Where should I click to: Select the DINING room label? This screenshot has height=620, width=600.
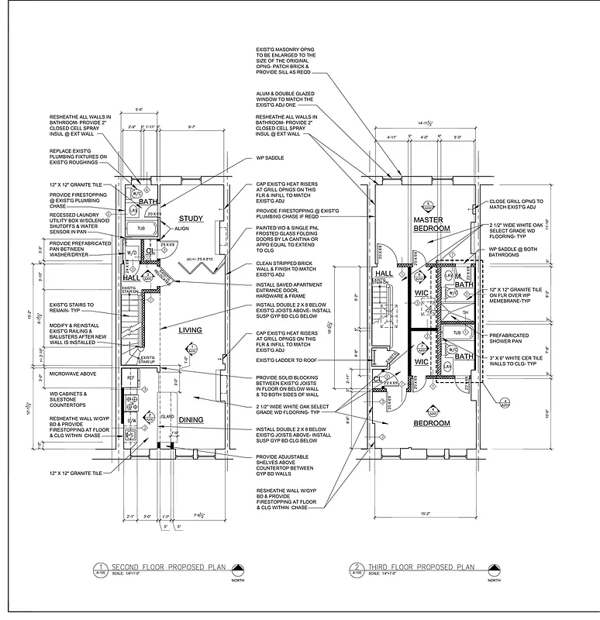(x=191, y=419)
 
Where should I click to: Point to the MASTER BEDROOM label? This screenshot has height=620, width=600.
(x=432, y=225)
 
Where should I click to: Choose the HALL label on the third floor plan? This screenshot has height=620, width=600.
(x=384, y=273)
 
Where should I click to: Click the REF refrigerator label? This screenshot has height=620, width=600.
(x=131, y=377)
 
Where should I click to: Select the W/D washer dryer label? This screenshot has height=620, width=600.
(x=131, y=253)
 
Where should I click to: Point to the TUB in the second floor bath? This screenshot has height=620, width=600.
(x=141, y=229)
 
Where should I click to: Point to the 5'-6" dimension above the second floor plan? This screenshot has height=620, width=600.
(x=140, y=110)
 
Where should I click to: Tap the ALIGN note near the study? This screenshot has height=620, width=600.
(x=183, y=229)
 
